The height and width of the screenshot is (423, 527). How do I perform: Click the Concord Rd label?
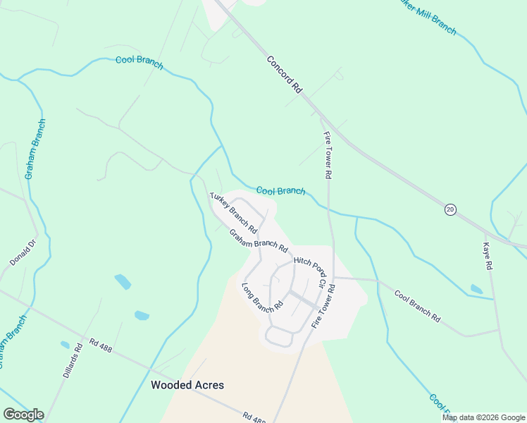(285, 75)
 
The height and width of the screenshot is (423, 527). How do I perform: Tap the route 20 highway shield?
(449, 209)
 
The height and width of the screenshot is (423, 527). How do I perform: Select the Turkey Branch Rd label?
(233, 214)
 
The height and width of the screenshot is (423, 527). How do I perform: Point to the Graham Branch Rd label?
(259, 241)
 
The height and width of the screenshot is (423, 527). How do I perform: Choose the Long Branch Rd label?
(262, 298)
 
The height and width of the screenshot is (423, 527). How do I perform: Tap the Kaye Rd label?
(485, 257)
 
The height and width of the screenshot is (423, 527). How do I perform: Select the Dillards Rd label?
(73, 361)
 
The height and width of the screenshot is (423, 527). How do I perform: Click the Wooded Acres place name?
(187, 385)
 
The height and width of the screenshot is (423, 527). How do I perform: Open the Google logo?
(23, 415)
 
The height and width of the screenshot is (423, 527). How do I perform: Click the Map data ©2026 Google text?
(484, 417)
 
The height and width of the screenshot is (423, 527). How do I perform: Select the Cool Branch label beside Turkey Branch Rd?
(280, 190)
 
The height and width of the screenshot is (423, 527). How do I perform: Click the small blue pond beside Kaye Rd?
(476, 289)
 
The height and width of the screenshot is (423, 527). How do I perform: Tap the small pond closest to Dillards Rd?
(66, 345)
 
